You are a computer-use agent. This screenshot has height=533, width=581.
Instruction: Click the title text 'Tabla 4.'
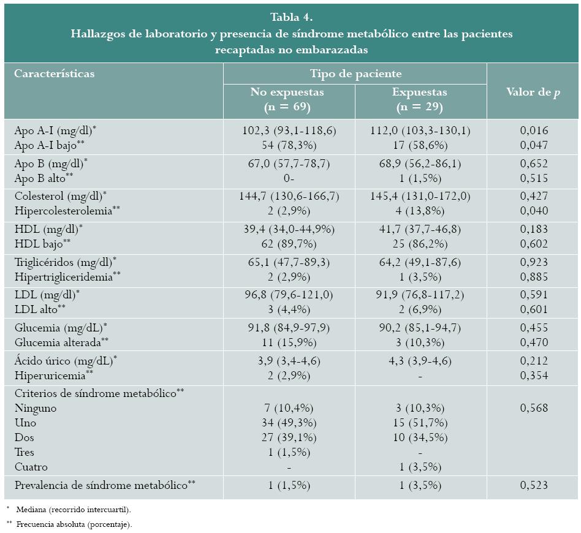[291, 17]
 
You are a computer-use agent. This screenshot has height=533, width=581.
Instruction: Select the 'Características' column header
[55, 74]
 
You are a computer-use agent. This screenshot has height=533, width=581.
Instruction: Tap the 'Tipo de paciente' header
[355, 74]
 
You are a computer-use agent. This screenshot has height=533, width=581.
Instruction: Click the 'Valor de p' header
[533, 92]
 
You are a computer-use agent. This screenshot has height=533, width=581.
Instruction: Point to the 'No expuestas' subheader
[287, 92]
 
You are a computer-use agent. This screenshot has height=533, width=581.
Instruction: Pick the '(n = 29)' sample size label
[420, 107]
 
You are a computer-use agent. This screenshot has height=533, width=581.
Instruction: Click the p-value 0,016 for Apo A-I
[533, 130]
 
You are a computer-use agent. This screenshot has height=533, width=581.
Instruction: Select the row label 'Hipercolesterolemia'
[63, 210]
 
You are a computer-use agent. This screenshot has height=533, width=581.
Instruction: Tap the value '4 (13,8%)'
[420, 210]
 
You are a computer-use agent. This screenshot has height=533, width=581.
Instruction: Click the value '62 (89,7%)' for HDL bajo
[287, 243]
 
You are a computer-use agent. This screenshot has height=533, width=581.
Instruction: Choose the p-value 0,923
[533, 262]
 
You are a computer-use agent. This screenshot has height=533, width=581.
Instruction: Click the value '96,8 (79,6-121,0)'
[287, 295]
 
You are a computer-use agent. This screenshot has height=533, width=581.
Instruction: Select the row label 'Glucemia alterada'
[58, 342]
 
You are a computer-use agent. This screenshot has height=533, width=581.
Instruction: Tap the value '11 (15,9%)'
[287, 342]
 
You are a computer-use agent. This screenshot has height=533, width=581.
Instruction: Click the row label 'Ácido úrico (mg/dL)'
[64, 361]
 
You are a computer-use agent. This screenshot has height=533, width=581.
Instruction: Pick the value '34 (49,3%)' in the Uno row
[287, 423]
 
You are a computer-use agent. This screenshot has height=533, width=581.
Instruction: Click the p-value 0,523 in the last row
[533, 485]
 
